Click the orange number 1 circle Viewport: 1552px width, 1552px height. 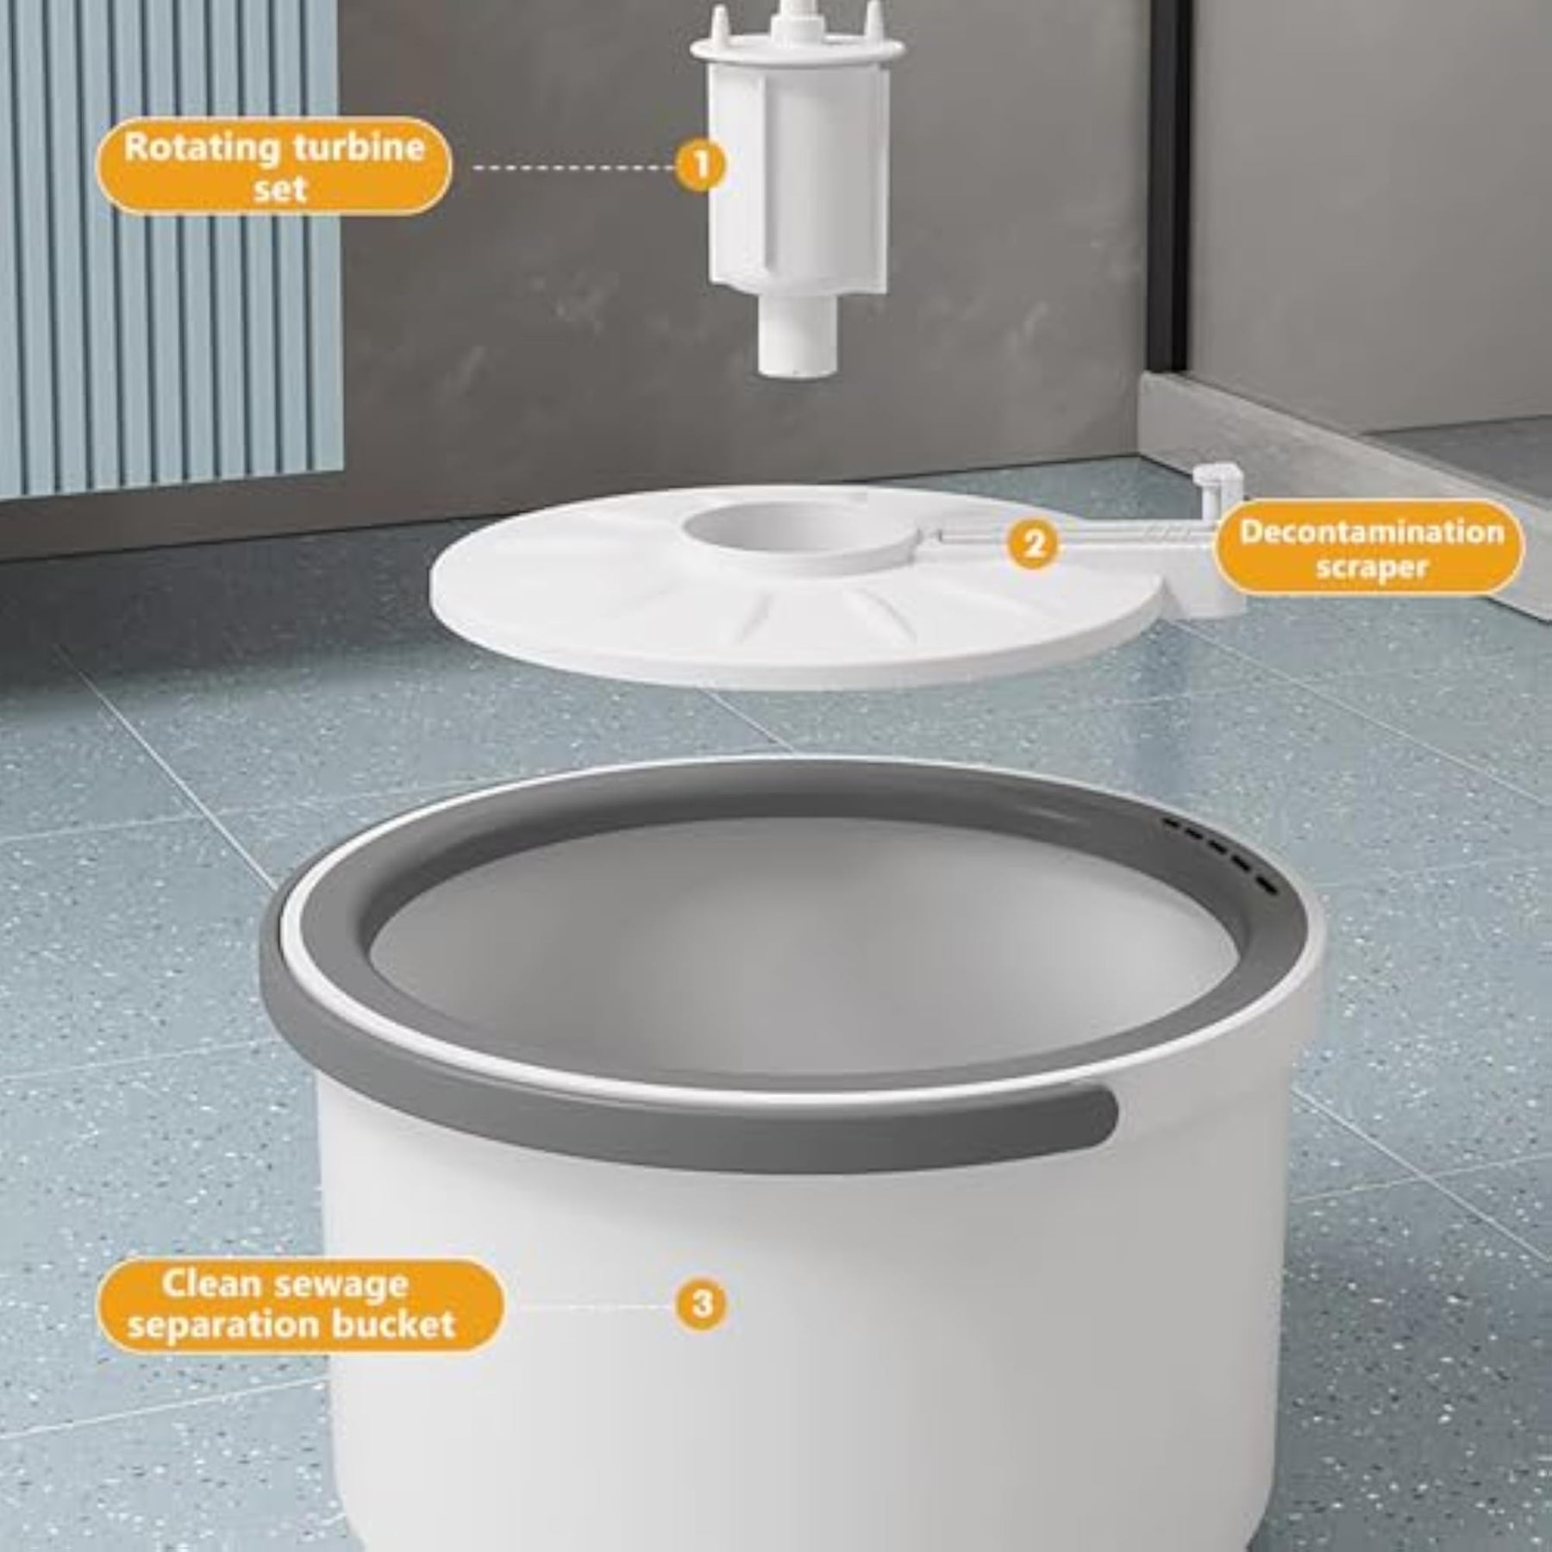701,165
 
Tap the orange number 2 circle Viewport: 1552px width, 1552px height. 1033,544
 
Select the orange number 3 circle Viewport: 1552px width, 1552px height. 703,1303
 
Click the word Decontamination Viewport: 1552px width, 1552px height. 1372,532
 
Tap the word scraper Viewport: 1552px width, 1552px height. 1372,569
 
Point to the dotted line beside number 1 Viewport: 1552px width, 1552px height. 574,167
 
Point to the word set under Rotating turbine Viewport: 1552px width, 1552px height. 280,187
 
